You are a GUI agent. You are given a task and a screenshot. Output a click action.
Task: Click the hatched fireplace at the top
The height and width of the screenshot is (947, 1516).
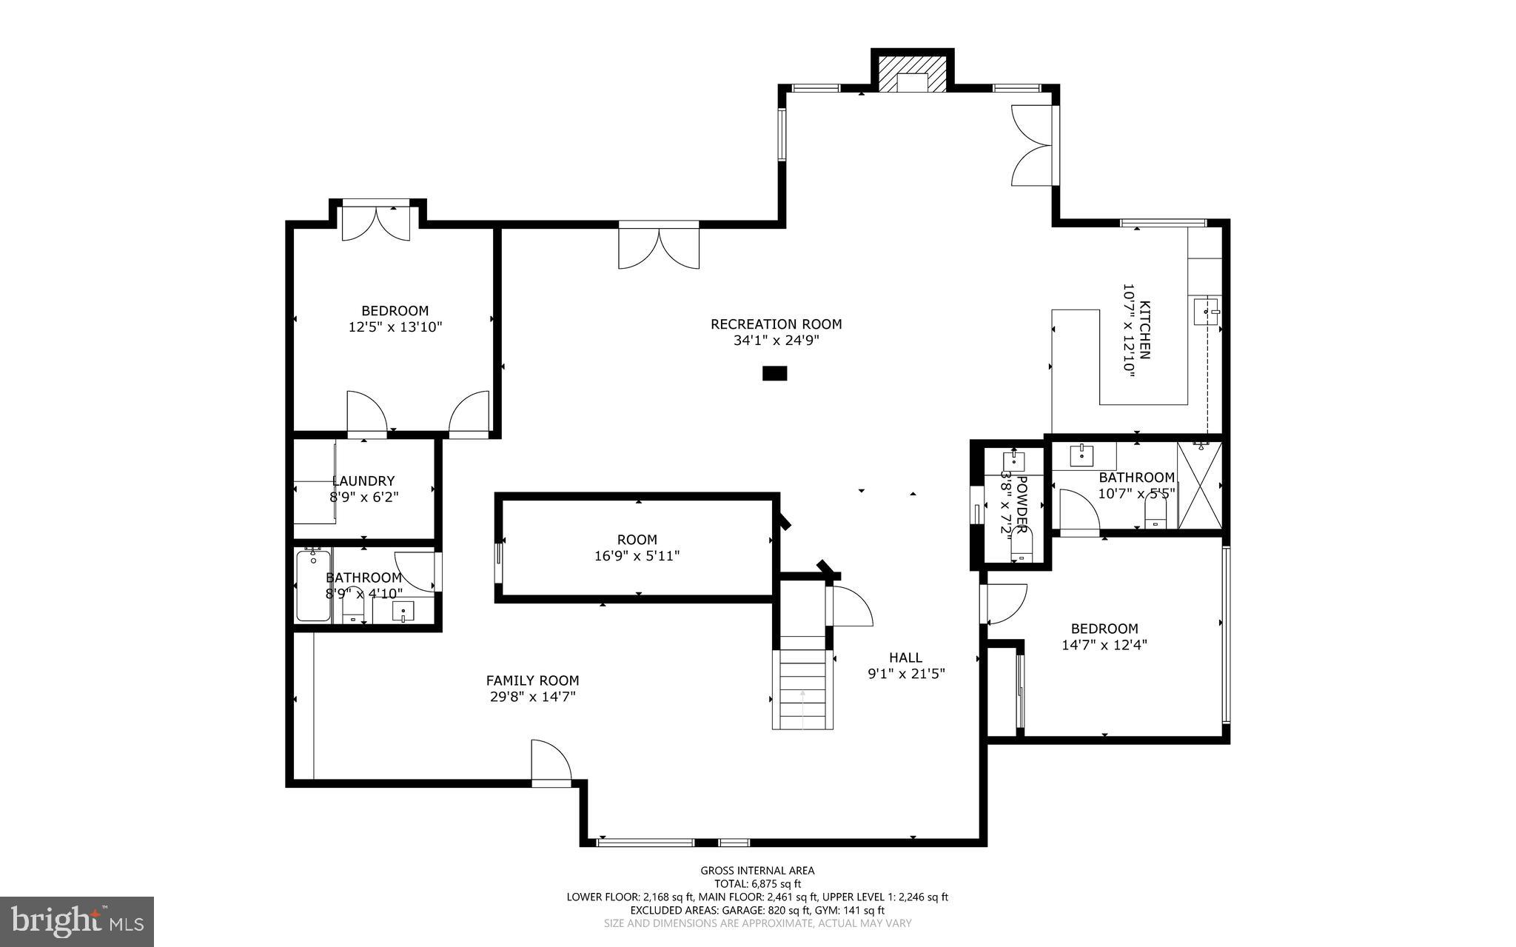(912, 73)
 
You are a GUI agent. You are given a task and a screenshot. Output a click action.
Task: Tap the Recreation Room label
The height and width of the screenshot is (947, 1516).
(776, 324)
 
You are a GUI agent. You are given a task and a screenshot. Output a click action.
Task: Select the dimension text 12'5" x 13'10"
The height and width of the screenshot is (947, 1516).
(395, 327)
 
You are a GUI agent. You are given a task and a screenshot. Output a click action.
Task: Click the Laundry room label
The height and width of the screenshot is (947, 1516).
(363, 481)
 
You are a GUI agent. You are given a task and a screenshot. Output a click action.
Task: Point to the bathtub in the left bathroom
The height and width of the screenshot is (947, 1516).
(313, 586)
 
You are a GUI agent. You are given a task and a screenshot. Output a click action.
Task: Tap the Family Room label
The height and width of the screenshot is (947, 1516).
(532, 680)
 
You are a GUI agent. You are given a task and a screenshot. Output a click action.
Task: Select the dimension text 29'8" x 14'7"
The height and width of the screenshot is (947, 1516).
(532, 697)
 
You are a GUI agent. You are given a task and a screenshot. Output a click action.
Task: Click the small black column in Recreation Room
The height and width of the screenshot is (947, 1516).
(774, 373)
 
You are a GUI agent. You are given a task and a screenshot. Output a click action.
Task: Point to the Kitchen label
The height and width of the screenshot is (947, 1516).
(1144, 330)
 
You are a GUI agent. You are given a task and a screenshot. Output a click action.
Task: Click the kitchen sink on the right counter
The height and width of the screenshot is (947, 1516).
(1206, 312)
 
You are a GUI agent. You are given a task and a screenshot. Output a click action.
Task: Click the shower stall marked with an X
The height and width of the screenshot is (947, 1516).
(1198, 486)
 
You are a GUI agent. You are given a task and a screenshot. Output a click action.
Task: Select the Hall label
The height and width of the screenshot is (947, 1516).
(905, 657)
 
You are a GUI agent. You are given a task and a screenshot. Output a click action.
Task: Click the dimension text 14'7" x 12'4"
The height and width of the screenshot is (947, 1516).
(1104, 645)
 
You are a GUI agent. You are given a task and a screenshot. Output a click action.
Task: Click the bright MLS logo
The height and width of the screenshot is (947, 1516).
(77, 921)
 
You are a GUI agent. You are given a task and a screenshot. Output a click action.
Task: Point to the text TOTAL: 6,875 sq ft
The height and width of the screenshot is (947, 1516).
(757, 884)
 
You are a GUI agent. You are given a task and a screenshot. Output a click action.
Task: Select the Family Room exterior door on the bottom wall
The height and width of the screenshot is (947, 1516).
(551, 763)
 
